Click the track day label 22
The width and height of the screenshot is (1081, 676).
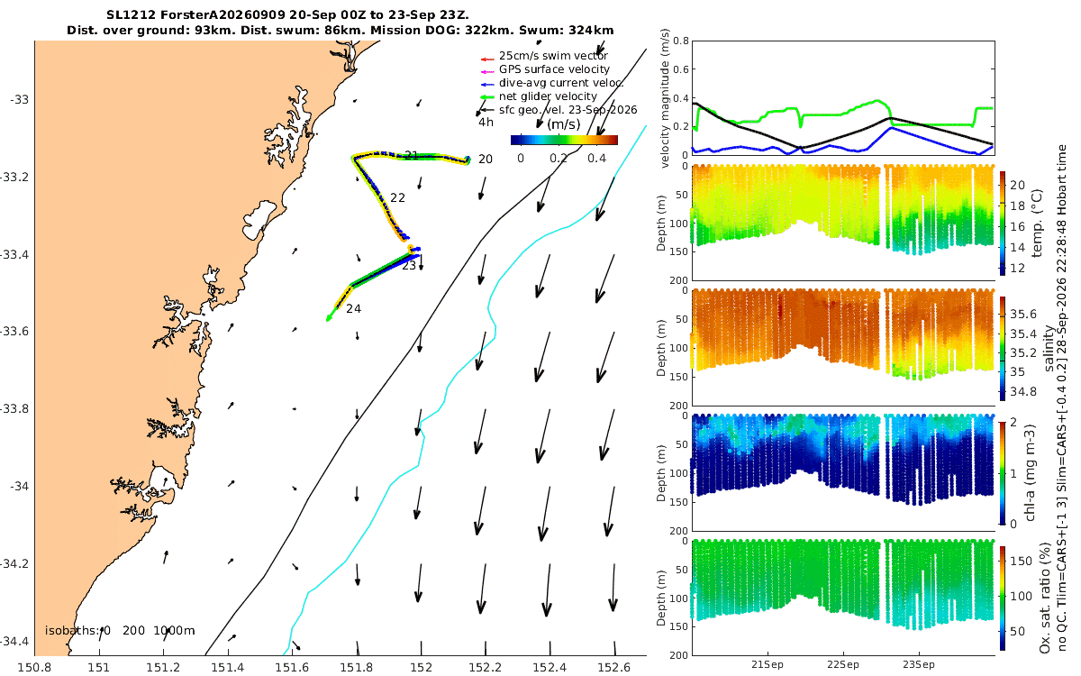tap(397, 197)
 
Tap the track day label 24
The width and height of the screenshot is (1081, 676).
tap(353, 308)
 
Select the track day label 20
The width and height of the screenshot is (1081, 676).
tap(485, 160)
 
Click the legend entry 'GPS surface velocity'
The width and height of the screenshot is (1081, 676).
tap(554, 69)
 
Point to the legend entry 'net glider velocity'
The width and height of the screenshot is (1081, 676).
tap(548, 96)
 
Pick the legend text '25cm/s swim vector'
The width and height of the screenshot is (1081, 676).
tap(553, 56)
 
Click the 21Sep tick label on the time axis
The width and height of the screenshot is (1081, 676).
tap(768, 665)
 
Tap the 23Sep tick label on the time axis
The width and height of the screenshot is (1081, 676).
tap(918, 665)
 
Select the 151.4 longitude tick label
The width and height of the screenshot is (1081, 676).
tap(228, 667)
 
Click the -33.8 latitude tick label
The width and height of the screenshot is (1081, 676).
tap(14, 409)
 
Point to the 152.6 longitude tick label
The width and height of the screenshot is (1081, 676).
tap(613, 667)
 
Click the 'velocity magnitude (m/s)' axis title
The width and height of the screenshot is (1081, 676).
tap(666, 98)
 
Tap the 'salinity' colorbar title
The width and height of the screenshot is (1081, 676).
tap(1049, 348)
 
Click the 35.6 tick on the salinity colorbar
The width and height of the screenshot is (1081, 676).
tap(1023, 315)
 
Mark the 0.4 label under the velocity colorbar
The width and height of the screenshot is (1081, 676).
tap(596, 159)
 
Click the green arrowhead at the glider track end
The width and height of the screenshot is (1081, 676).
tap(329, 317)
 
